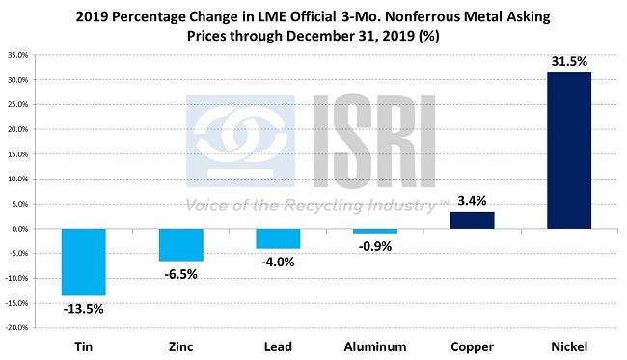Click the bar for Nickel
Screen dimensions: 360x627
[x=569, y=151]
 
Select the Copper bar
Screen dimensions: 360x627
[x=472, y=220]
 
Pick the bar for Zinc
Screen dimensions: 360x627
[x=179, y=244]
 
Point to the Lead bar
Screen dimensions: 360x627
[x=277, y=238]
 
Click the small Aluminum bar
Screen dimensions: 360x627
[x=374, y=232]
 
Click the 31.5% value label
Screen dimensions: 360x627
[x=569, y=61]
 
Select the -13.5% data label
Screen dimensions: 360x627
[x=83, y=309]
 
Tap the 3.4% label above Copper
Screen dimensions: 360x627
[x=472, y=200]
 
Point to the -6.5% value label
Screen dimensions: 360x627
[x=180, y=273]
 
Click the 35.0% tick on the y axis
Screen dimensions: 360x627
[x=21, y=55]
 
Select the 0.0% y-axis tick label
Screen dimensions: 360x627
[x=23, y=229]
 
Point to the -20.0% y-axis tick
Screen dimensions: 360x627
[x=19, y=328]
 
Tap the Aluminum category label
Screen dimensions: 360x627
[x=374, y=346]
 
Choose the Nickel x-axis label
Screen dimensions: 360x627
[x=569, y=346]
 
